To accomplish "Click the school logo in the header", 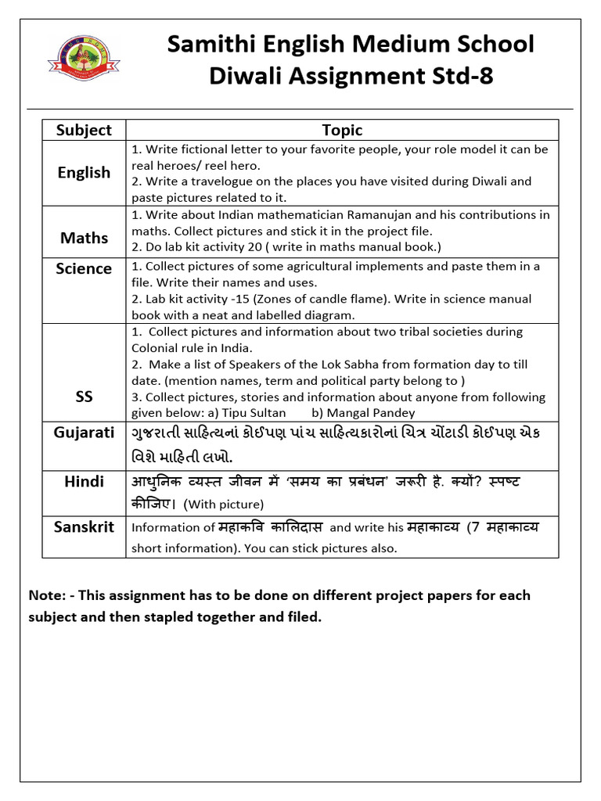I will (x=81, y=63).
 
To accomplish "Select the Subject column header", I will (x=84, y=130).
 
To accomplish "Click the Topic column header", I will (x=342, y=130).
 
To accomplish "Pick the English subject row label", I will (x=84, y=173).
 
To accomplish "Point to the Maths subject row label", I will (x=84, y=238).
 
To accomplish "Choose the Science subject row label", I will (x=84, y=269).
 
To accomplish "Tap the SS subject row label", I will (x=84, y=397).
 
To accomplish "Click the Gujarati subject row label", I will (x=84, y=433).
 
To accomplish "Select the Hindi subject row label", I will (x=84, y=482).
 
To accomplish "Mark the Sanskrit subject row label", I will (x=84, y=527).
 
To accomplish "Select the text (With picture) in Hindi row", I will (x=223, y=504).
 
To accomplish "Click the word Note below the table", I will (x=46, y=595).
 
